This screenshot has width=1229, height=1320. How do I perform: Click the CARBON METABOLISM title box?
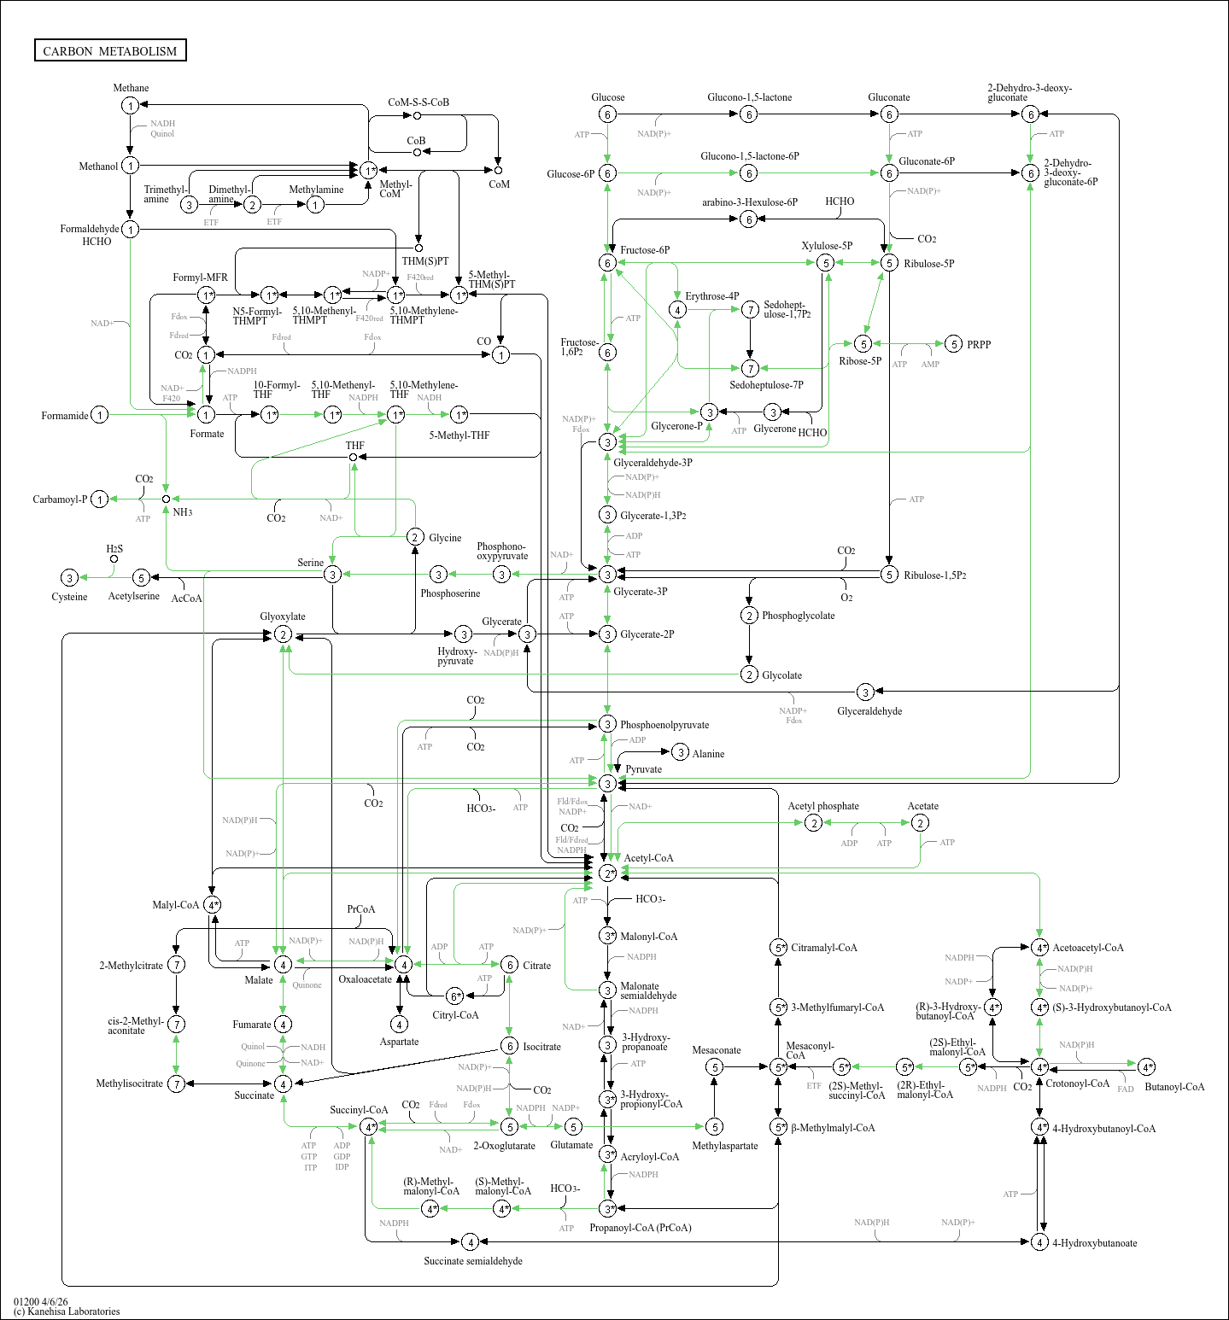coord(110,50)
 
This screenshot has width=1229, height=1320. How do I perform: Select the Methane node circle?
coord(130,106)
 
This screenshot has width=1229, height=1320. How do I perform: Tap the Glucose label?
coord(607,97)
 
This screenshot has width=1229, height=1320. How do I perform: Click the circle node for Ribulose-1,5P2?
coord(889,575)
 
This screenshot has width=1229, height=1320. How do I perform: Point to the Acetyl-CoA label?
coord(648,858)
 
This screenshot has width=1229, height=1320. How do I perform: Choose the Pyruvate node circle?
coord(607,784)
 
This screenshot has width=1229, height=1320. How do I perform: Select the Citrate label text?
coord(536,966)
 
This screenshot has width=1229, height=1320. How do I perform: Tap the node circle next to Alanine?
coord(680,752)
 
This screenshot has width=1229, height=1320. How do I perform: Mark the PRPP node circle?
coord(954,344)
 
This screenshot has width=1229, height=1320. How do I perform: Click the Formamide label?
coord(65,416)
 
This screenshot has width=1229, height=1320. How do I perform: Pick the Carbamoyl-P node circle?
coord(100,499)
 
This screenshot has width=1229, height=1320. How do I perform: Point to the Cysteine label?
coord(69,597)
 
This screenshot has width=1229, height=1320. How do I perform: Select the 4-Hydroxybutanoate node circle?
coord(1039,1242)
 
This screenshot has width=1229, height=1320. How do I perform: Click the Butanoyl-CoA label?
coord(1174,1087)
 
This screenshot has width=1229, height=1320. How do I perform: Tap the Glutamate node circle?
coord(573,1127)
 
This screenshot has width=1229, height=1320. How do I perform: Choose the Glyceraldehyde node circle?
coord(865,692)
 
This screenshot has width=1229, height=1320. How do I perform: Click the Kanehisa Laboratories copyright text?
coord(67,1311)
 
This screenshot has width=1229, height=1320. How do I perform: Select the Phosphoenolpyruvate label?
coord(664,725)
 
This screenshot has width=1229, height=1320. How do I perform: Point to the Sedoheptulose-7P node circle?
coord(750,369)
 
